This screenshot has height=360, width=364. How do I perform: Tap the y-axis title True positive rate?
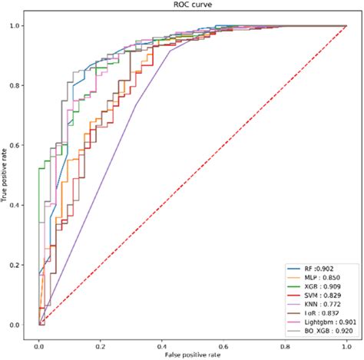(5, 175)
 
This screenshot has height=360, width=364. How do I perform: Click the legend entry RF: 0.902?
(311, 268)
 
